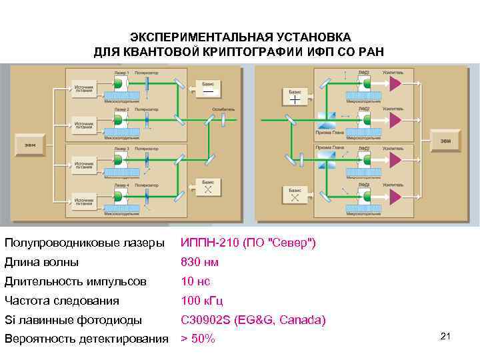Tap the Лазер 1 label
point(121,71)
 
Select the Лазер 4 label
point(121,185)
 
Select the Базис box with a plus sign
point(295,97)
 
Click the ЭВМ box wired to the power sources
point(30,145)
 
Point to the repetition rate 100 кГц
point(201,301)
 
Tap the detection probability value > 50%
point(199,339)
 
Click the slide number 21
point(446,335)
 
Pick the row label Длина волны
point(41,263)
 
